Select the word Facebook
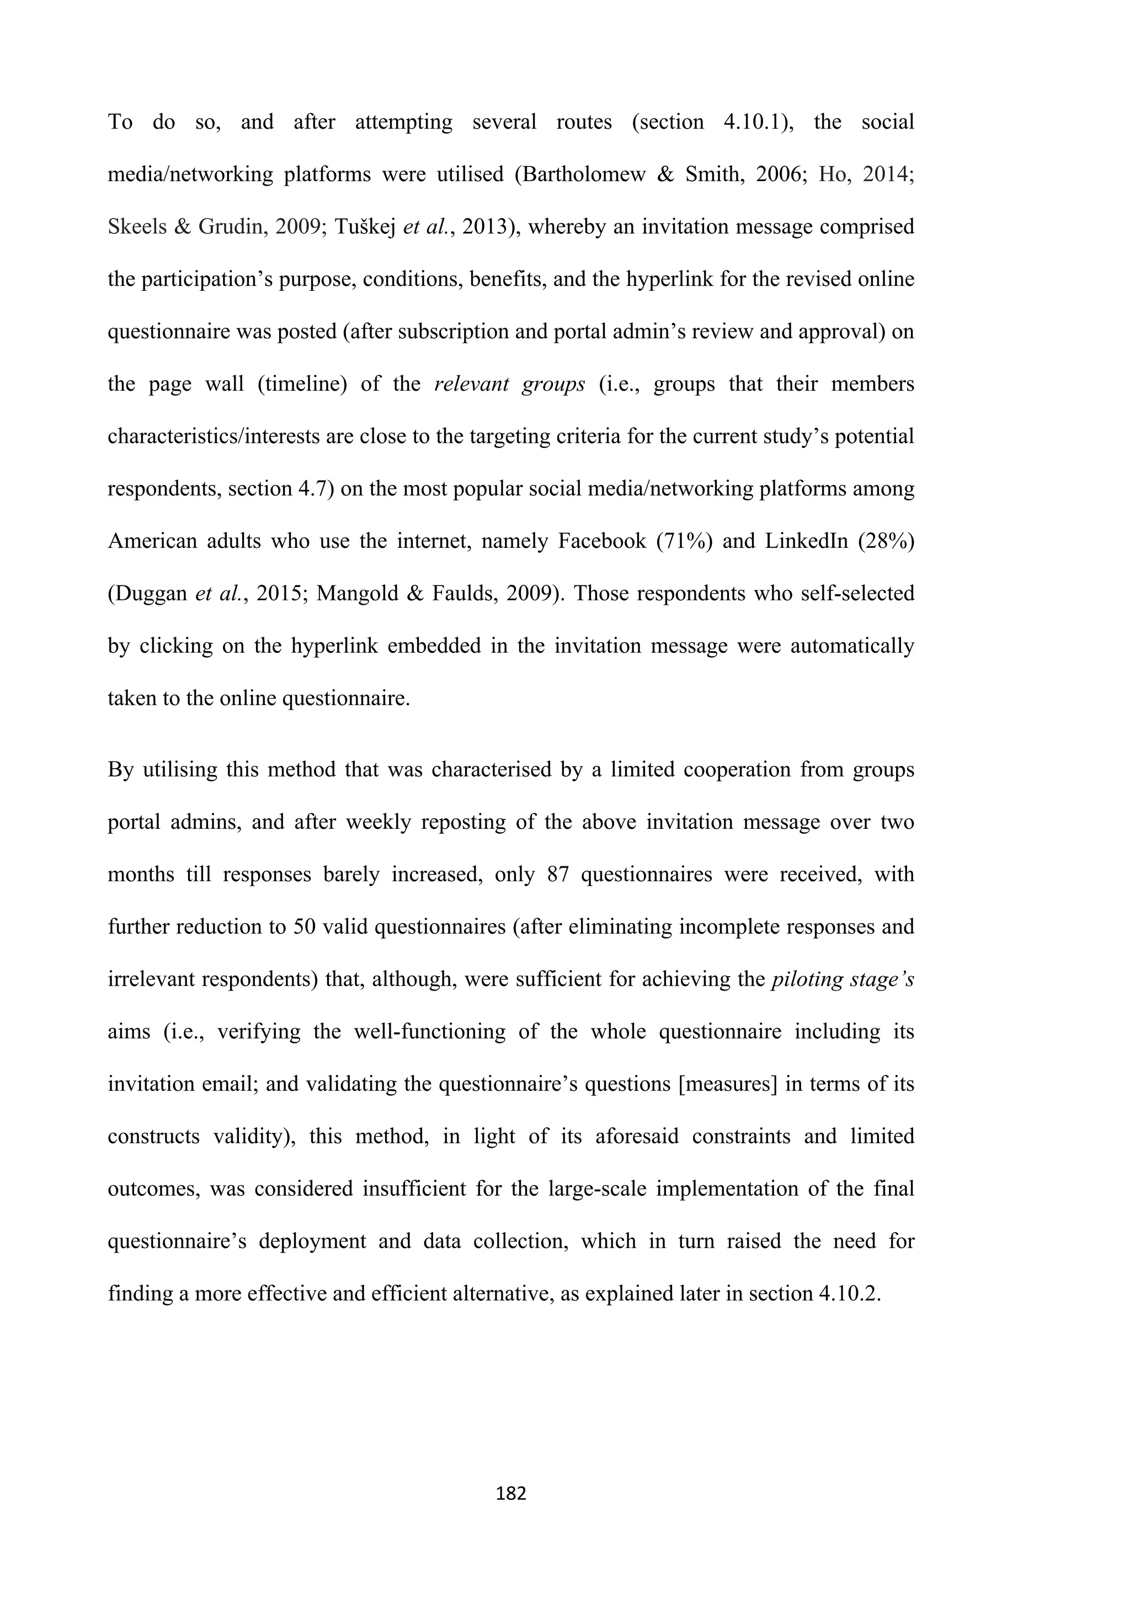[602, 541]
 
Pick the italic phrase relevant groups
[509, 384]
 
